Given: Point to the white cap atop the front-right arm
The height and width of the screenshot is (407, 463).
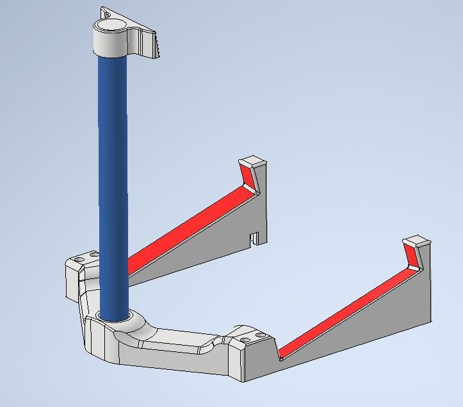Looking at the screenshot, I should pos(416,241).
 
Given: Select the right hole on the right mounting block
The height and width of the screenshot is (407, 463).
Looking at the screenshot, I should pos(260,333).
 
